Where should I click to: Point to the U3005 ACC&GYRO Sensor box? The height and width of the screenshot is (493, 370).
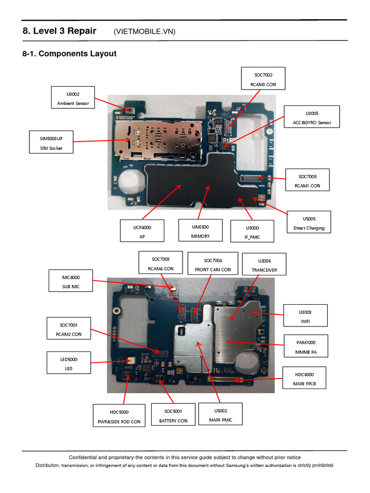click(312, 118)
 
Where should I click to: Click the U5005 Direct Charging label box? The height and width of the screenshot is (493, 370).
click(309, 223)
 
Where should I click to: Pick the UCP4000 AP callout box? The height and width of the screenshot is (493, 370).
click(142, 231)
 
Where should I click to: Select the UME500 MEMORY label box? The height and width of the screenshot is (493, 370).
click(200, 231)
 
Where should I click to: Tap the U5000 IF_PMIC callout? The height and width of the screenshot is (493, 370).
click(252, 232)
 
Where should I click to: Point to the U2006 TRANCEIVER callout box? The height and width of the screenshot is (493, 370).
click(264, 265)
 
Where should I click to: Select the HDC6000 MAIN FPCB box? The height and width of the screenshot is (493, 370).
click(304, 378)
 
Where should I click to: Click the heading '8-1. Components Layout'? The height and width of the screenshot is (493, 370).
click(69, 54)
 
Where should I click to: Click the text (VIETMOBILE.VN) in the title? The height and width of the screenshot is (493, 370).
click(145, 32)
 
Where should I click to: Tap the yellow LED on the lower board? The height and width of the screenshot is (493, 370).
click(132, 360)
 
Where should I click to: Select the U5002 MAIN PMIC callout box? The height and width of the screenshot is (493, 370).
click(221, 415)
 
